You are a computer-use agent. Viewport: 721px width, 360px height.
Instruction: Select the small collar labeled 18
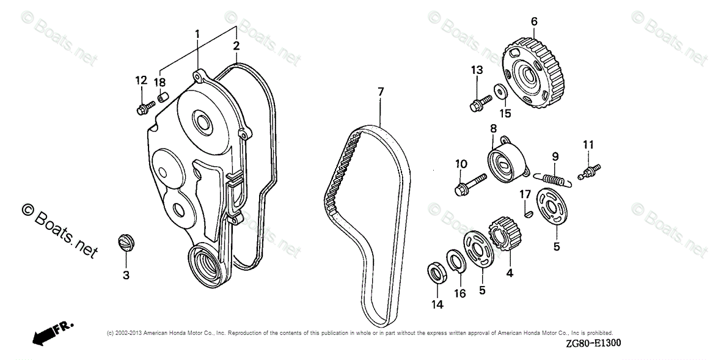click(x=163, y=97)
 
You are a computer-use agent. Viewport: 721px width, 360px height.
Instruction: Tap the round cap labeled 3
click(x=125, y=241)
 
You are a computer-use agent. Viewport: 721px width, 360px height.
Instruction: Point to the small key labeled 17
click(x=529, y=213)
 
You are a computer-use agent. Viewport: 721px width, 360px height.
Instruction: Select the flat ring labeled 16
click(x=455, y=262)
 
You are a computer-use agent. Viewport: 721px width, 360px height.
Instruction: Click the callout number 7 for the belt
click(x=381, y=92)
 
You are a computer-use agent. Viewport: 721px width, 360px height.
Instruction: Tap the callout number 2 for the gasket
click(x=236, y=46)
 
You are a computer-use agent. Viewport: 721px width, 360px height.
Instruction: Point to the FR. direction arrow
click(x=53, y=332)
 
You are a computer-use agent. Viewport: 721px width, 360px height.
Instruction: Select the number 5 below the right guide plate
click(x=556, y=247)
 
